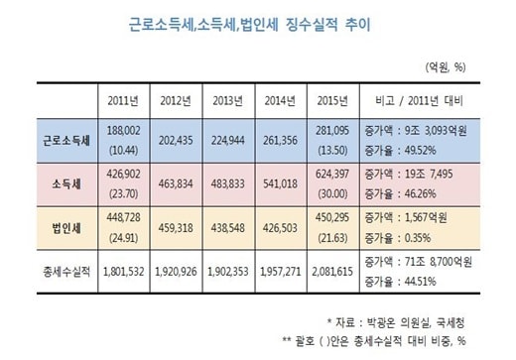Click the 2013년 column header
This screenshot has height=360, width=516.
pos(228,101)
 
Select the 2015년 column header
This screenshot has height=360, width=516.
pos(332,101)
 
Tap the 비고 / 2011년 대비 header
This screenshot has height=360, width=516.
pos(419,101)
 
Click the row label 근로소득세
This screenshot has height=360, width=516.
pos(66,141)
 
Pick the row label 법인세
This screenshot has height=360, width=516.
pos(66,228)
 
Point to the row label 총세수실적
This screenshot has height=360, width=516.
pos(66,272)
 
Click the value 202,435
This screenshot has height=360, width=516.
pos(176,141)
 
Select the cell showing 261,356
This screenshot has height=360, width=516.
pos(280,141)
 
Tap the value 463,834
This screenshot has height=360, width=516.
pos(176,184)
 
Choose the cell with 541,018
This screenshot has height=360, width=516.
pos(280,184)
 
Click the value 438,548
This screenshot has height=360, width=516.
pos(228,228)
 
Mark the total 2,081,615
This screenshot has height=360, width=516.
pos(332,272)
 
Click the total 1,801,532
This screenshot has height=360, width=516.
pos(123,272)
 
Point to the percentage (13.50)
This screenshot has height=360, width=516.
pos(332,151)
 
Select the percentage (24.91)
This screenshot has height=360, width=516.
pos(123,238)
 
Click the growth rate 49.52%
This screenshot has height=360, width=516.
pos(421,151)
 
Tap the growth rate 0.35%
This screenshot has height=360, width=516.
pos(418,238)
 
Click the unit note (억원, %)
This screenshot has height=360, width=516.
pos(446,67)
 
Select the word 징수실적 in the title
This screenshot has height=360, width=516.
pos(312,25)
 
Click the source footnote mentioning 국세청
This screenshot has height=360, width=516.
pos(396,322)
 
